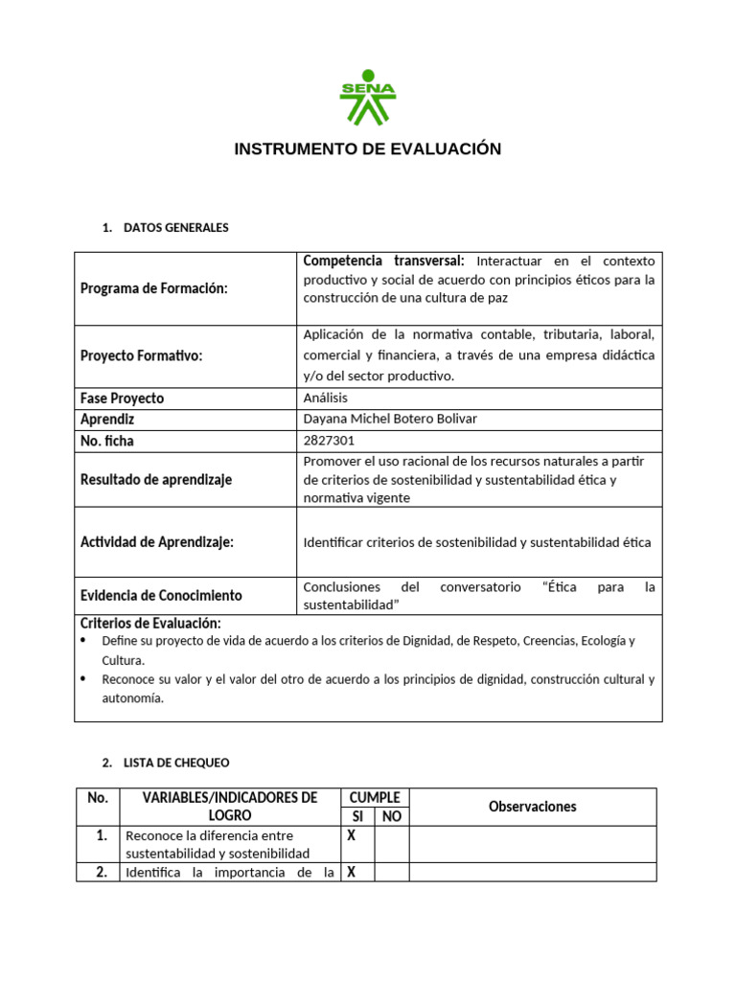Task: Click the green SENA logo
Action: pos(367,98)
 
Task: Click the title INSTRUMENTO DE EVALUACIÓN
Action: pos(368,149)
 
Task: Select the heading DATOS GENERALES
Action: pos(176,228)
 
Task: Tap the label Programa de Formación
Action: pos(154,288)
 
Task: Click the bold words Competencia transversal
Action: pos(383,261)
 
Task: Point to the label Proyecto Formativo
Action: pos(141,355)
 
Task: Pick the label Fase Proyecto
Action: pos(122,398)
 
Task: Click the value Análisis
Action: pos(326,398)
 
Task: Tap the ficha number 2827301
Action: pos(329,441)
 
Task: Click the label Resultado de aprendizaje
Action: pos(156,479)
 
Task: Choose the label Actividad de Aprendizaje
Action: pos(157,542)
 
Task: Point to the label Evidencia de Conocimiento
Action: pos(161,595)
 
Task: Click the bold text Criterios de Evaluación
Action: pos(150,623)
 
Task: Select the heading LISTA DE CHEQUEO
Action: pos(176,763)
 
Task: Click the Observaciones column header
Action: pos(533,807)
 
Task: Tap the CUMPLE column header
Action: pos(375,797)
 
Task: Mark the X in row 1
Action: pos(351,834)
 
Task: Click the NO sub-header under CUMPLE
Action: pos(391,816)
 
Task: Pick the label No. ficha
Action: pos(107,441)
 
